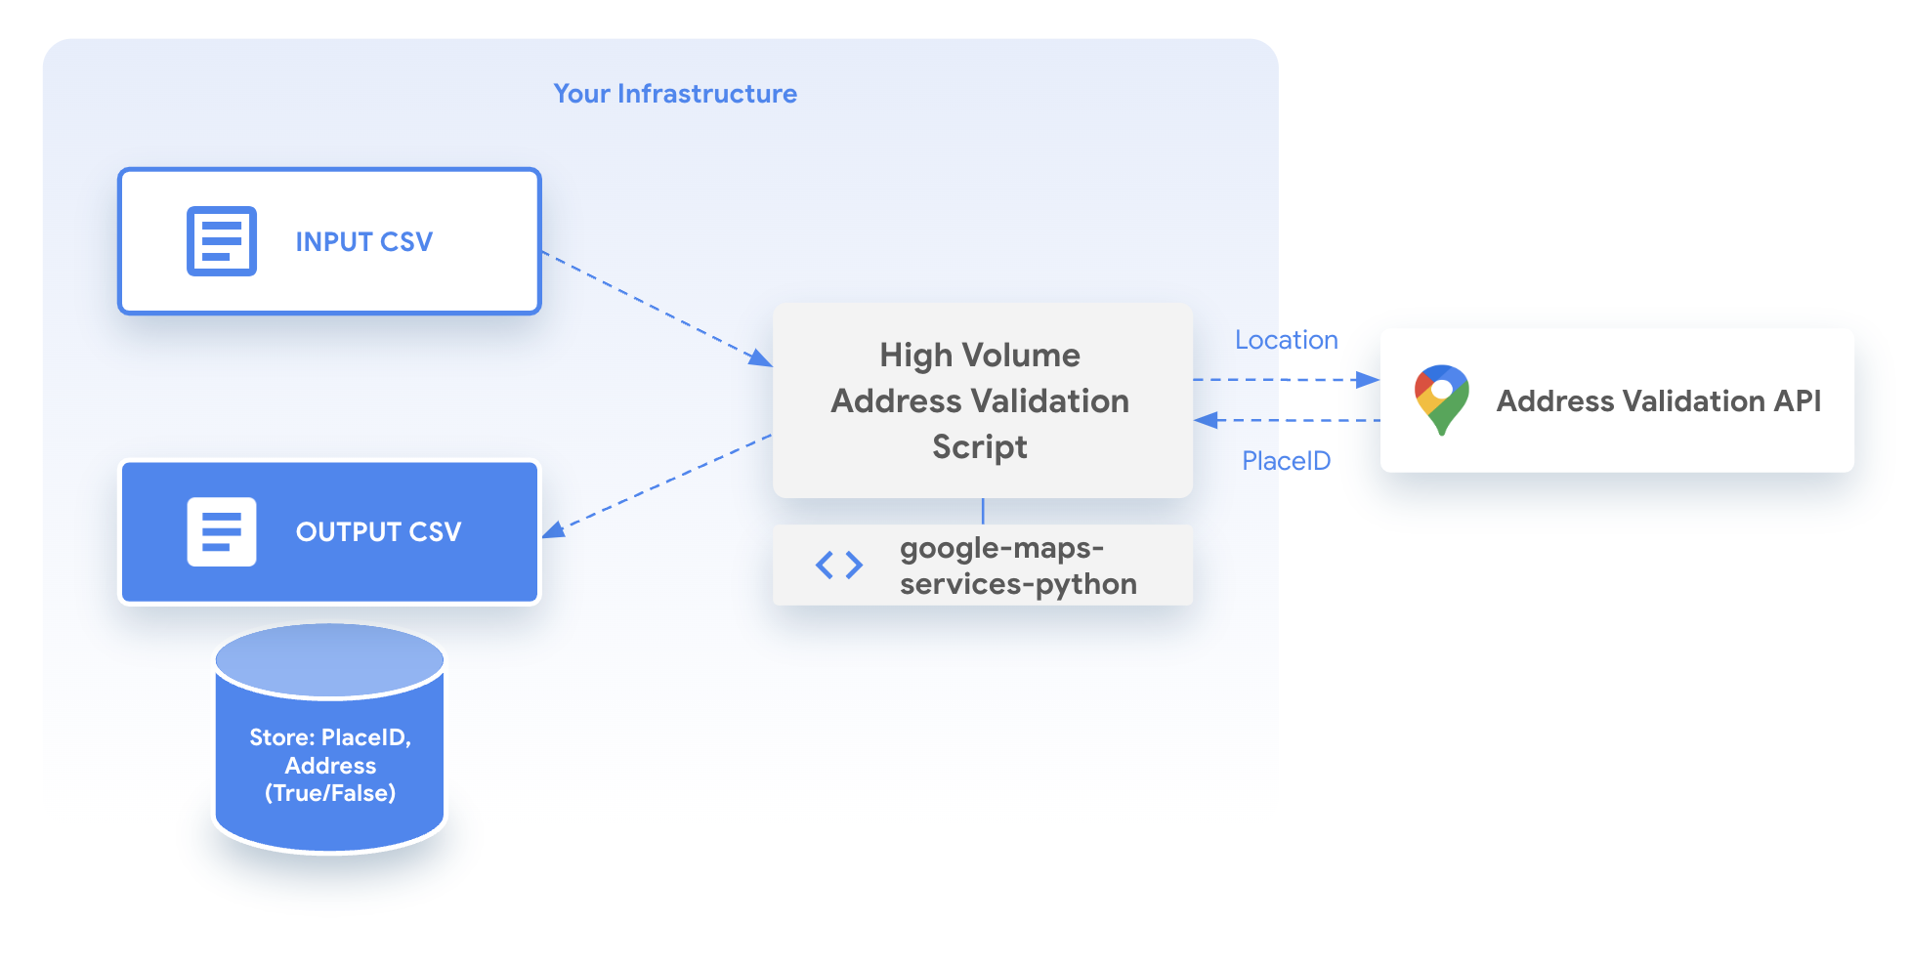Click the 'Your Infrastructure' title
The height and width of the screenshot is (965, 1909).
click(675, 94)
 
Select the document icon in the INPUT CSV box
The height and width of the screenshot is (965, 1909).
click(222, 241)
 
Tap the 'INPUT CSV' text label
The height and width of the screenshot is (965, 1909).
click(363, 242)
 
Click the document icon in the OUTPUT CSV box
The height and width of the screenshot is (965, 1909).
click(222, 532)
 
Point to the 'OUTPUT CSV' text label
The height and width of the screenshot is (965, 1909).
click(378, 532)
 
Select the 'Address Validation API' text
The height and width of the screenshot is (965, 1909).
click(1658, 401)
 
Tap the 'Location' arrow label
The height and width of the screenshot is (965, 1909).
click(1286, 340)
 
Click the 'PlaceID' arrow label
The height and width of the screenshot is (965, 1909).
click(1286, 461)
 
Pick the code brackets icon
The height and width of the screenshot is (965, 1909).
click(839, 565)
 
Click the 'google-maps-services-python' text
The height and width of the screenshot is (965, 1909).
click(1017, 566)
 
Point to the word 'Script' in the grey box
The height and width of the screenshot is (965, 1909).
click(980, 447)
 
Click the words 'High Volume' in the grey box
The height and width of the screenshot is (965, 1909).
click(980, 356)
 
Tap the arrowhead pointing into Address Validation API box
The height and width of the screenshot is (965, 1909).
click(1369, 380)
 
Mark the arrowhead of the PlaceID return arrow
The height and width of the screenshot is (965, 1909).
click(1206, 420)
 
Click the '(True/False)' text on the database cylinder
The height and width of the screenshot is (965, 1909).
click(330, 793)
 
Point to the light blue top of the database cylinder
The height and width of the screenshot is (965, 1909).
click(329, 658)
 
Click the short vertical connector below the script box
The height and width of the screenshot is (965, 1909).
click(983, 511)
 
